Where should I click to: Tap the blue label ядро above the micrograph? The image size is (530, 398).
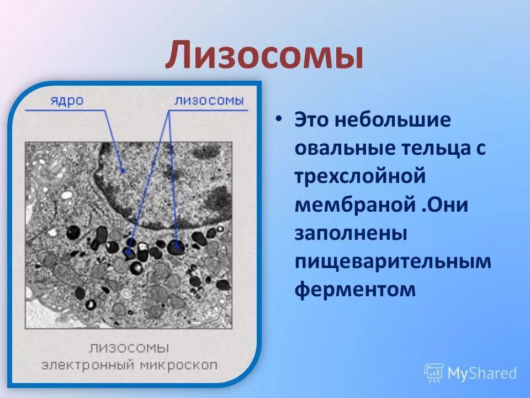point(67,101)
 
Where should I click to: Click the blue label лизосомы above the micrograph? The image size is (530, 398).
point(209,101)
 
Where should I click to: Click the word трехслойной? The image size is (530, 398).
point(360,177)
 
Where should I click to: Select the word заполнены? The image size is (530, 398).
point(351,233)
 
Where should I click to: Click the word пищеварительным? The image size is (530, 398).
point(393,261)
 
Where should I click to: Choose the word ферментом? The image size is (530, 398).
point(354,290)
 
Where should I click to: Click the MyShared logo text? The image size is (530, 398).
point(482,374)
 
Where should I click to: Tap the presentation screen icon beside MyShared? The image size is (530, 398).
point(434,373)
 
